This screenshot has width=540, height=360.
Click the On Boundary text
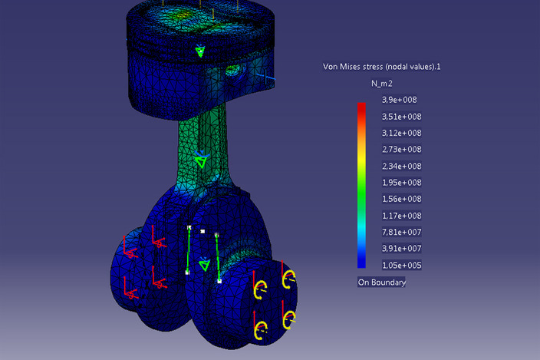[382, 282]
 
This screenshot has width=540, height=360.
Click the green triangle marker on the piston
[200, 51]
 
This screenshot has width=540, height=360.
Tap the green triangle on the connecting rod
[201, 162]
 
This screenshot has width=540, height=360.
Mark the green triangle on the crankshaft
[204, 265]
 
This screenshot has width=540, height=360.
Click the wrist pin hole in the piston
[232, 73]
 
